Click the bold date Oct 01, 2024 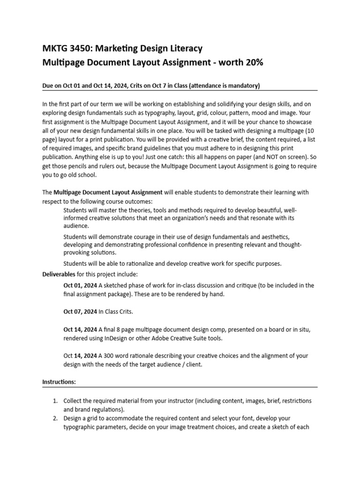[80, 285]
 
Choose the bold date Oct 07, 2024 [80, 311]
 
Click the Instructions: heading [59, 382]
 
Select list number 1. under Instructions [55, 401]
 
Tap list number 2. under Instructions [55, 418]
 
